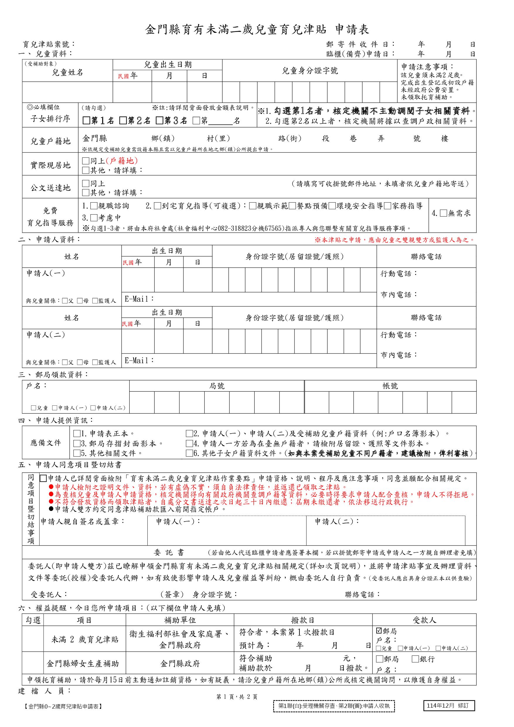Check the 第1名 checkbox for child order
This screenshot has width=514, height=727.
coord(86,121)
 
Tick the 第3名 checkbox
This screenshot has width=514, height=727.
coord(159,121)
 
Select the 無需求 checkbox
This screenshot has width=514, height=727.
coord(443,213)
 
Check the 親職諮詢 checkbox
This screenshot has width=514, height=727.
coord(94,206)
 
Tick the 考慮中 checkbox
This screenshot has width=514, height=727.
coord(94,218)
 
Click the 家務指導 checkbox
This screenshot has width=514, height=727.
coord(388,206)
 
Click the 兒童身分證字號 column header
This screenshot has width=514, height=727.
coord(310,71)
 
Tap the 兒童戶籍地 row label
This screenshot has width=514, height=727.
coord(50,141)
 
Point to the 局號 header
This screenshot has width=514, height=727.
coord(217,386)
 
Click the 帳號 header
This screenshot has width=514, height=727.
coord(390,386)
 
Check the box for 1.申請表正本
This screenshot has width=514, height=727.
coord(76,434)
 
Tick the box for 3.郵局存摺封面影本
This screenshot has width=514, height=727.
coord(76,444)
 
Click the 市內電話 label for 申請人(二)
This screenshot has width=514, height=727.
coord(399,355)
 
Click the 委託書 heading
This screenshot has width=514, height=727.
coord(169,553)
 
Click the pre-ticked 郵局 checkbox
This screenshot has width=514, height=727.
coord(379,631)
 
